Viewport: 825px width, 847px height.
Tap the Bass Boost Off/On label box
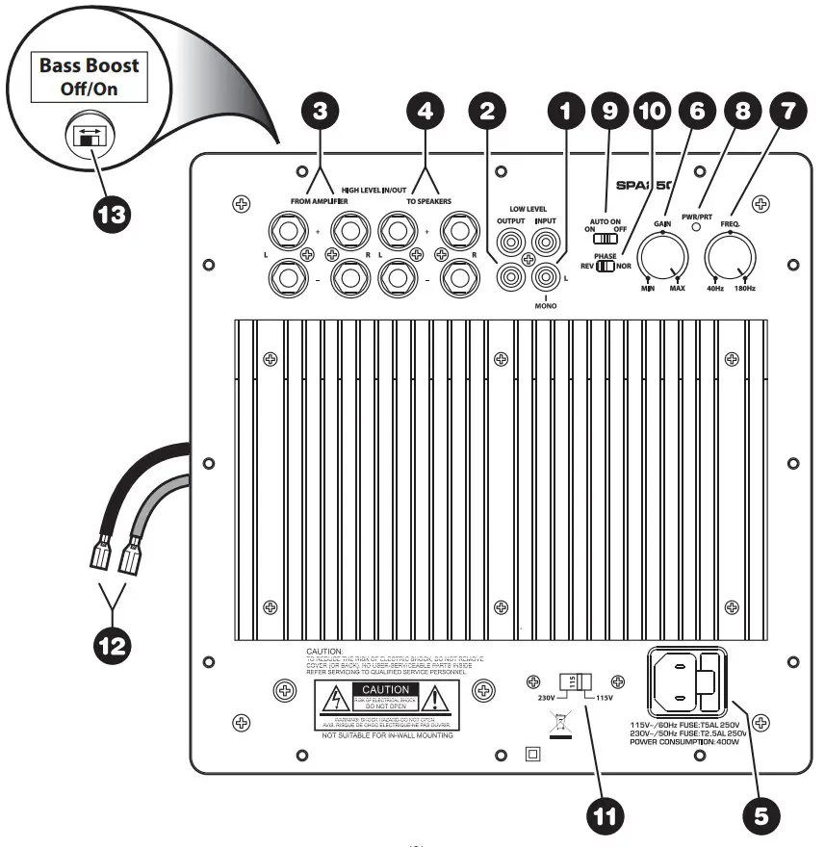point(89,80)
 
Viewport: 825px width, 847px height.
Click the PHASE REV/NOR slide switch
point(605,266)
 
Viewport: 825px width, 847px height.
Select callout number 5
point(761,813)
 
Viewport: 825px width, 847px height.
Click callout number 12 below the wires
point(114,642)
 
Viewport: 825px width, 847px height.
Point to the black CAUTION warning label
point(386,690)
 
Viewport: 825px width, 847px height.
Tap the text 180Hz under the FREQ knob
point(744,289)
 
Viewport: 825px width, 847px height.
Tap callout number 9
point(608,111)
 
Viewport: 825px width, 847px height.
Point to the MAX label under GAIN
point(679,289)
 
